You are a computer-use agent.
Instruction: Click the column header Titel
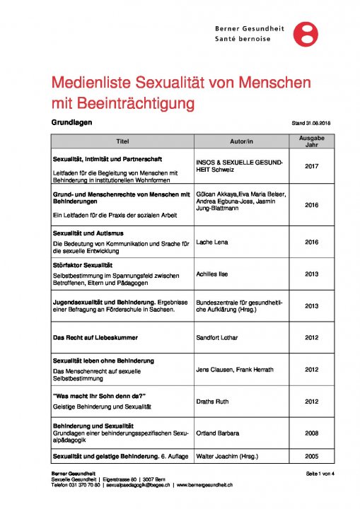pos(122,141)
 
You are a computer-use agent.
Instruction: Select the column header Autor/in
pos(243,141)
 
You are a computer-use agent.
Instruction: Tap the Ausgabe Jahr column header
pos(311,141)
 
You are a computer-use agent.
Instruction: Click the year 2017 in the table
pos(311,166)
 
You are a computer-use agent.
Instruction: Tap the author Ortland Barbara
pos(216,431)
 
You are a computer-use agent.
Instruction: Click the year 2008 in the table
pos(311,431)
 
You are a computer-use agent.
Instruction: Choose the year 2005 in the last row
pos(311,456)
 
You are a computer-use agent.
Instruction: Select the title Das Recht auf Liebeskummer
pos(96,338)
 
